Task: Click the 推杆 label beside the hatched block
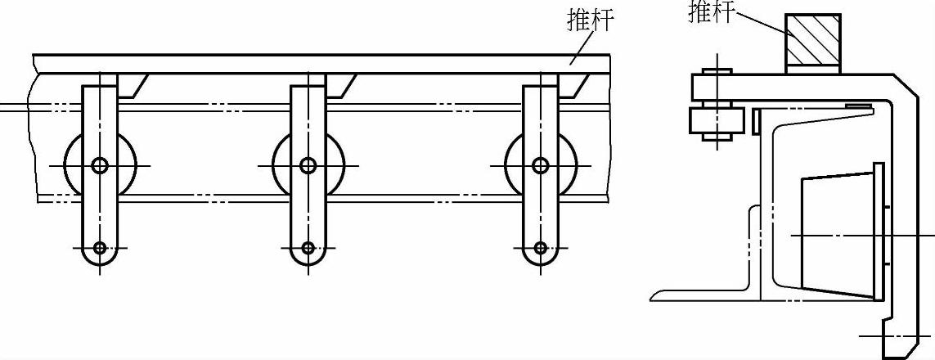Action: point(711,11)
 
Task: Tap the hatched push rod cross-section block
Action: point(813,43)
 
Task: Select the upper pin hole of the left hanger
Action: point(100,166)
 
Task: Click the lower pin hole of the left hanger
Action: point(100,247)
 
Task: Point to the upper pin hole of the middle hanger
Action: point(308,166)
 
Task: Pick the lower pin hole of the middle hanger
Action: point(308,247)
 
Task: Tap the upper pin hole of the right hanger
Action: point(540,166)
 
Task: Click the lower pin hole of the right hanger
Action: point(540,247)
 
